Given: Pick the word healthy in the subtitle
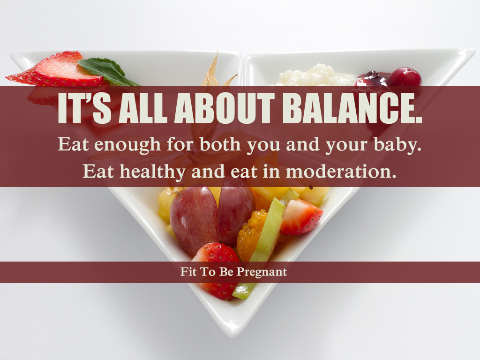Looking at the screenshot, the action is point(152,172).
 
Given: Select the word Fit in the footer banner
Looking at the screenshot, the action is point(187,271).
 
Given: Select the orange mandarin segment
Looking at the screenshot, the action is point(252,236).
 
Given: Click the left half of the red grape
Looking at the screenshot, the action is point(194,219).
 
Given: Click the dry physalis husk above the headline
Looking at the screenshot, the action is point(214,71).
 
